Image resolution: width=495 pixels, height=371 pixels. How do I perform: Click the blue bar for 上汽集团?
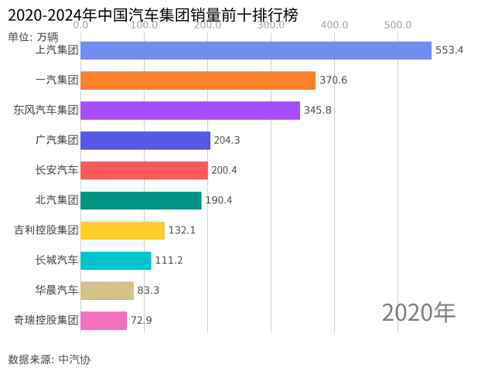tap(255, 50)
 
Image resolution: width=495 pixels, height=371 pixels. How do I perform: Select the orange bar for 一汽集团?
tap(198, 80)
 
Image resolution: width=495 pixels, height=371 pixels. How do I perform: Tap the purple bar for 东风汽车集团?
tap(190, 111)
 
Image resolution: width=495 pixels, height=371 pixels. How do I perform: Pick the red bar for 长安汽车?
tap(144, 170)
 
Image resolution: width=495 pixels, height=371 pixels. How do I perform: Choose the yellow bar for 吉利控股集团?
tap(122, 230)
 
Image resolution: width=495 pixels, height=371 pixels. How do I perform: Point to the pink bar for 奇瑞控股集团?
tap(104, 321)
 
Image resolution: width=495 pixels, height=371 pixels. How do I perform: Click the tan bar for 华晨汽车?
tap(107, 291)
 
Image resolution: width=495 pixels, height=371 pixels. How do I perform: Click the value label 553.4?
tap(449, 50)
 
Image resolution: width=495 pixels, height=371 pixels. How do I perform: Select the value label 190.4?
tap(218, 200)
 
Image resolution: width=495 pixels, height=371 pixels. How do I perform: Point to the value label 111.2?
tap(169, 260)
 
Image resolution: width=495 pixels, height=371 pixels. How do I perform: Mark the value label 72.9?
tap(141, 321)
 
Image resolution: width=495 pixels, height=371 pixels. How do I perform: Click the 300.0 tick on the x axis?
tap(271, 25)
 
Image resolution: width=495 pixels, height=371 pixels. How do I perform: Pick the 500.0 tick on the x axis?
tap(398, 25)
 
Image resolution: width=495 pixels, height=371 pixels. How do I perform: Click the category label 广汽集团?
tap(57, 140)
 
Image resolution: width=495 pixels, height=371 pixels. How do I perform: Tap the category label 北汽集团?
tap(57, 200)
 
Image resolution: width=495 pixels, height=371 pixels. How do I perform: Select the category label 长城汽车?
tap(57, 260)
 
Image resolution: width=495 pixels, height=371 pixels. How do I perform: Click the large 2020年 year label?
tap(418, 312)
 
